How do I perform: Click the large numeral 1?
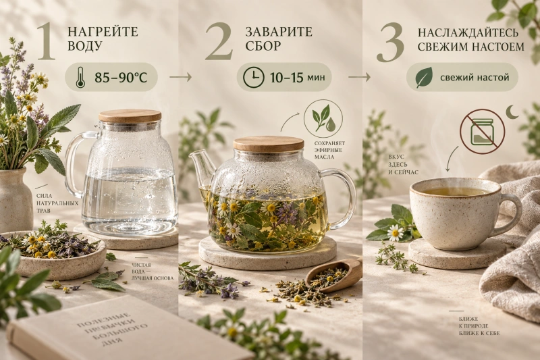tap(47, 41)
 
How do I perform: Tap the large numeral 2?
tap(219, 41)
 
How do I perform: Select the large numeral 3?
tap(390, 42)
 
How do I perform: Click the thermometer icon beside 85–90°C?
tap(80, 77)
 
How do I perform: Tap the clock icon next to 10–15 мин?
tap(254, 77)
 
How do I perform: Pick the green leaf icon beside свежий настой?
tap(424, 77)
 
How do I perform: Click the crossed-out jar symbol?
tap(482, 131)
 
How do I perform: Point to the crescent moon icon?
tap(513, 112)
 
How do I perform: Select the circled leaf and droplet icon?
tap(323, 118)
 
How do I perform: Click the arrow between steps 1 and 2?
tap(180, 77)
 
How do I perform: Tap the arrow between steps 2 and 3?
tap(359, 77)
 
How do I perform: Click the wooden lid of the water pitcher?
tap(130, 115)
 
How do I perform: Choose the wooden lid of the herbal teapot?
tap(269, 143)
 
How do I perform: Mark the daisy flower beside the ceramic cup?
tap(395, 233)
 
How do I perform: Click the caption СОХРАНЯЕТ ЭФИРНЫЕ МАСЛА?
tap(329, 150)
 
